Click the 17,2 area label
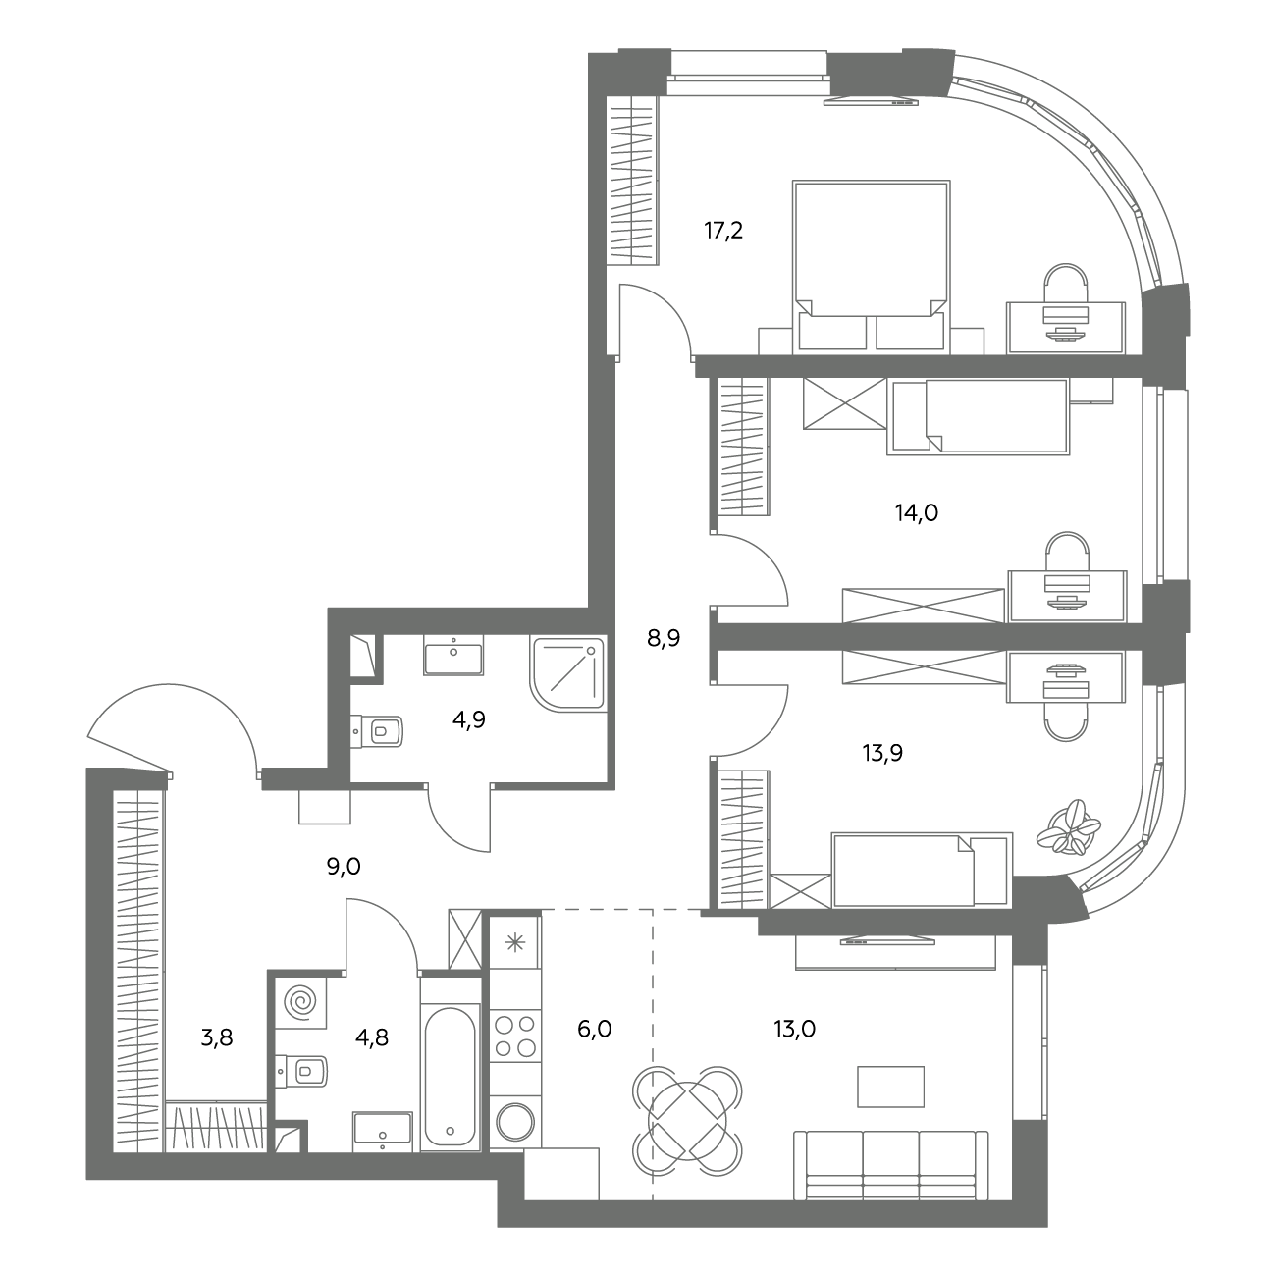click(x=723, y=231)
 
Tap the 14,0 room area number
click(x=917, y=512)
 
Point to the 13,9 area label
click(x=882, y=753)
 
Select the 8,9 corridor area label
click(x=664, y=638)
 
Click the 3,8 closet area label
click(x=217, y=1037)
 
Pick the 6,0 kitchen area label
click(x=594, y=1029)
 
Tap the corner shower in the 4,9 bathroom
click(x=566, y=673)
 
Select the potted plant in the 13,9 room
click(x=1068, y=827)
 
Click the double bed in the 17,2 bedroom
click(x=872, y=266)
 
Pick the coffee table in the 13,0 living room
click(x=890, y=1086)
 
